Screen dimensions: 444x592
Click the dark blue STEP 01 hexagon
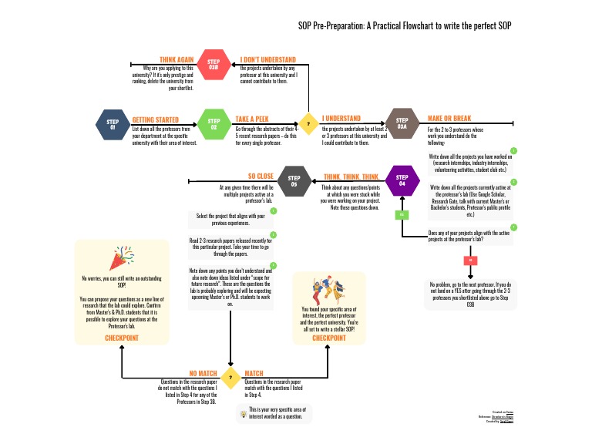click(113, 124)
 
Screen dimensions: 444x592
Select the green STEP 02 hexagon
click(214, 124)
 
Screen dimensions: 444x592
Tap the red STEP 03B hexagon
click(214, 64)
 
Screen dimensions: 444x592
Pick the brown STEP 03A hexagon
click(402, 124)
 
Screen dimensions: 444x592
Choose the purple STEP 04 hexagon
click(402, 182)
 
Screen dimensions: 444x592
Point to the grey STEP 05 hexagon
click(294, 182)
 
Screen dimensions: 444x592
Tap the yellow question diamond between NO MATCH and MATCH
click(231, 378)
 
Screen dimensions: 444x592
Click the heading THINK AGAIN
click(177, 59)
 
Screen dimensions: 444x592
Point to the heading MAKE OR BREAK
click(449, 119)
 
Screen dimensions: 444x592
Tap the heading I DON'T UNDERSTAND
click(269, 59)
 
